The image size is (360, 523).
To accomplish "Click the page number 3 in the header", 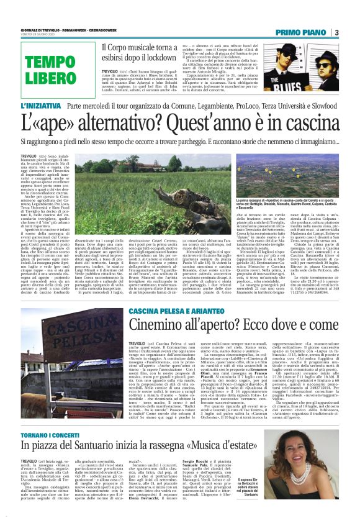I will pos(336,32).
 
